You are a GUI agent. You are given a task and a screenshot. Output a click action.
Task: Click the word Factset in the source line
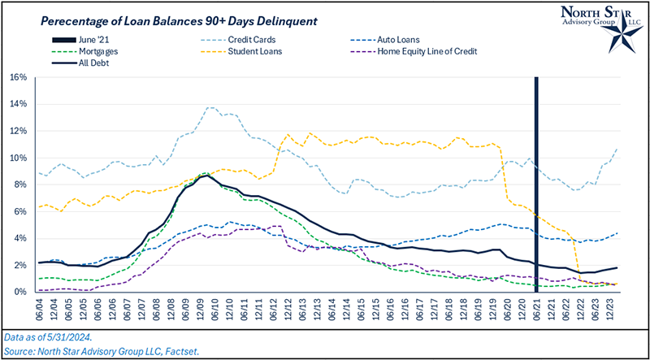tap(184, 349)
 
